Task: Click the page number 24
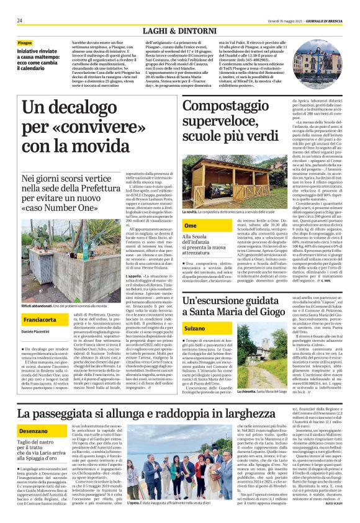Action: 20,20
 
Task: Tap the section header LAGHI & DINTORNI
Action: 179,30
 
